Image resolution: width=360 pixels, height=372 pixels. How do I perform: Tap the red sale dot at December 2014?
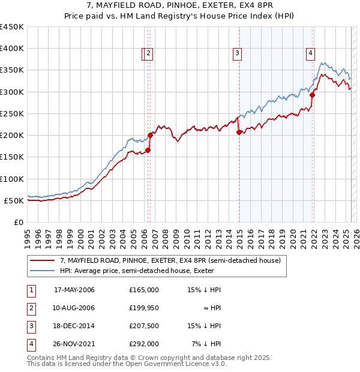click(239, 132)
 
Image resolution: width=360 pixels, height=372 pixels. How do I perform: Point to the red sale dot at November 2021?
click(313, 95)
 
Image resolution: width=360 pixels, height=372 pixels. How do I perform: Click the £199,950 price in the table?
click(144, 308)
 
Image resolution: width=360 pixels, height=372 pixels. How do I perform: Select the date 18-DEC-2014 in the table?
click(74, 326)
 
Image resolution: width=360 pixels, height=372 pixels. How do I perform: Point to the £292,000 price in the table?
click(144, 344)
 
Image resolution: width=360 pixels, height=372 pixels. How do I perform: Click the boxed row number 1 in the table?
click(31, 290)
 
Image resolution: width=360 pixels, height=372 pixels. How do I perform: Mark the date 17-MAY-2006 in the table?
click(74, 290)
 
